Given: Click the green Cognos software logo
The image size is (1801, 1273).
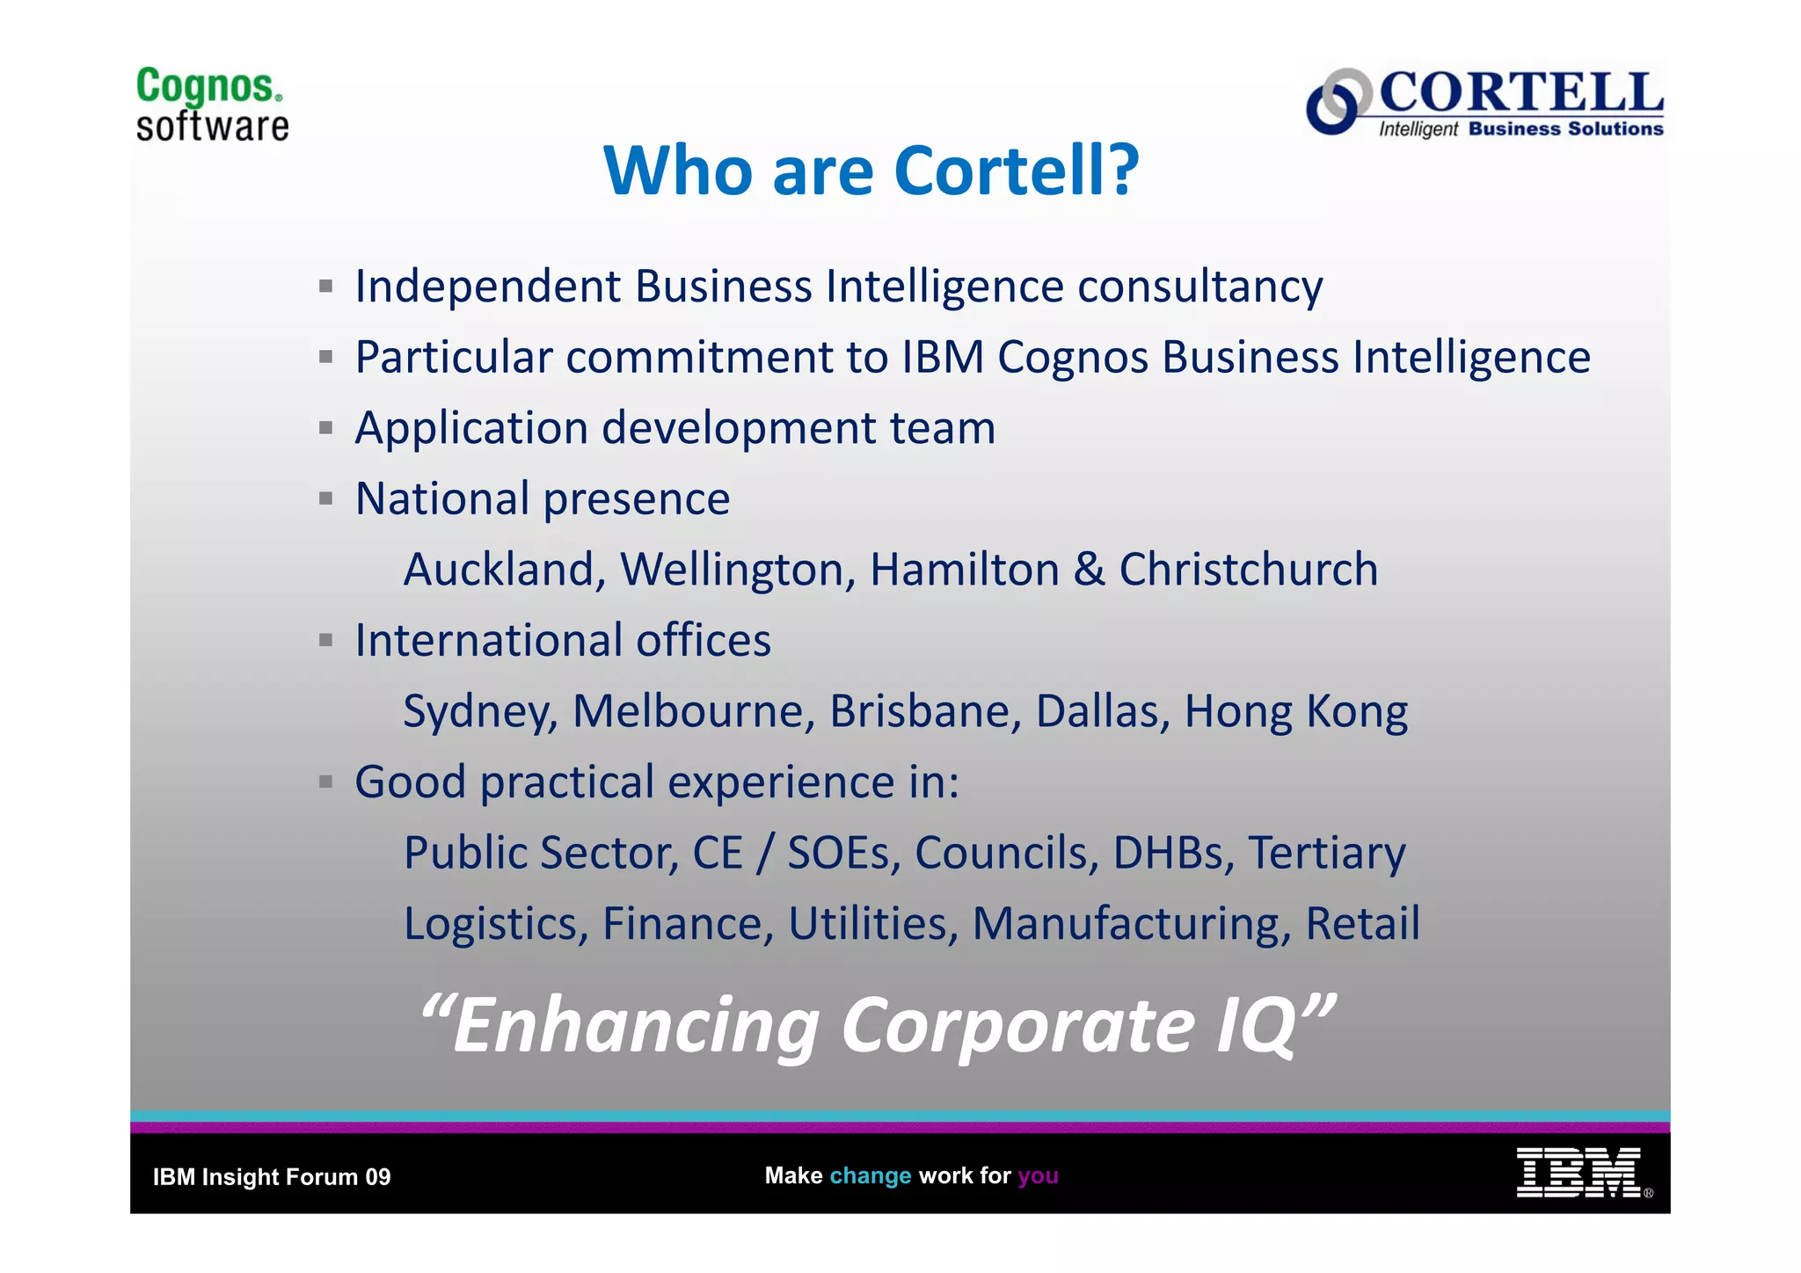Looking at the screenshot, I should coord(212,105).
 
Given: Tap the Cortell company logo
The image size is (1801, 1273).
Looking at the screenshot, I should coord(1484,103).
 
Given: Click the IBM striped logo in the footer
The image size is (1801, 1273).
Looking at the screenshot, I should coord(1579,1173).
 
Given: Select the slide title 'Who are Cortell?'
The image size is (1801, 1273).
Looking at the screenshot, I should coord(871,171).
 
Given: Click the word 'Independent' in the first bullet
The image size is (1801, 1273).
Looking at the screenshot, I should coord(487,287).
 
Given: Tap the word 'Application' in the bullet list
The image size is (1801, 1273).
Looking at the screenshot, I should coord(470,429).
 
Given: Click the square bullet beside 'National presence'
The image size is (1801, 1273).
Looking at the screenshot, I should coord(326,498).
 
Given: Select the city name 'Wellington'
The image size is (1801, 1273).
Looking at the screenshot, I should coord(738,570).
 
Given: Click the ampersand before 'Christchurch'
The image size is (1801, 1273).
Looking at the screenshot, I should coord(1089,570).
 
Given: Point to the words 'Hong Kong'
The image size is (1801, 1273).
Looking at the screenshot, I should coord(1295,711).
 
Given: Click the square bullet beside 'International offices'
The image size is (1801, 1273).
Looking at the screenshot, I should coord(326,640).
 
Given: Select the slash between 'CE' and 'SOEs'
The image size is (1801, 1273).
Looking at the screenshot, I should coord(764,854).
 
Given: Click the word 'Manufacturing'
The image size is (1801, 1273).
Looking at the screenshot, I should coord(1131,924).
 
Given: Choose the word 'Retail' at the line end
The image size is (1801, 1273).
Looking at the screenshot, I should coord(1362,924).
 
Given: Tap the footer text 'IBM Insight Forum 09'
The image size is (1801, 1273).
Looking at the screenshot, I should coord(272,1177).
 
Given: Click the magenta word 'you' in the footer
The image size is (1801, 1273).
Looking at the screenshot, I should coord(1038,1175).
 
